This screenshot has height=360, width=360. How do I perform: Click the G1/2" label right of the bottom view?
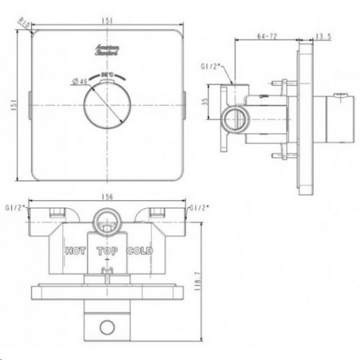[199, 208]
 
